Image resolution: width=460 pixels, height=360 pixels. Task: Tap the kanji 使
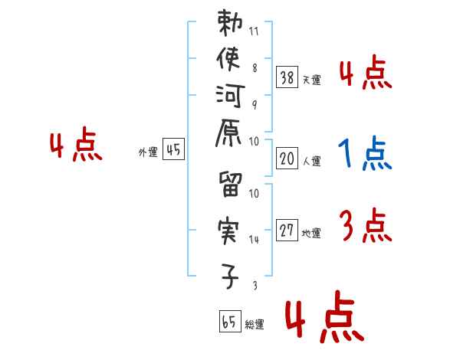[229, 61]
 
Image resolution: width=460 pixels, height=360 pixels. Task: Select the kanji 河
[229, 99]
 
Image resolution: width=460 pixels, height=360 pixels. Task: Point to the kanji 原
[229, 139]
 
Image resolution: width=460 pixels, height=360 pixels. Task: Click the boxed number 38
[287, 77]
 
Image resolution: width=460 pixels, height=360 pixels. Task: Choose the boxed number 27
[287, 230]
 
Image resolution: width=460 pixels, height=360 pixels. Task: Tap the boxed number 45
[173, 150]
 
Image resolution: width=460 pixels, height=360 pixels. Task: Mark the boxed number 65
[228, 322]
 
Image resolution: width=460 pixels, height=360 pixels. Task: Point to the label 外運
[148, 152]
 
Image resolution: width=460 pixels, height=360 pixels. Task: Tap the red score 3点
[365, 226]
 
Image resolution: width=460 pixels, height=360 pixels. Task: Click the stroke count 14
[254, 240]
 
